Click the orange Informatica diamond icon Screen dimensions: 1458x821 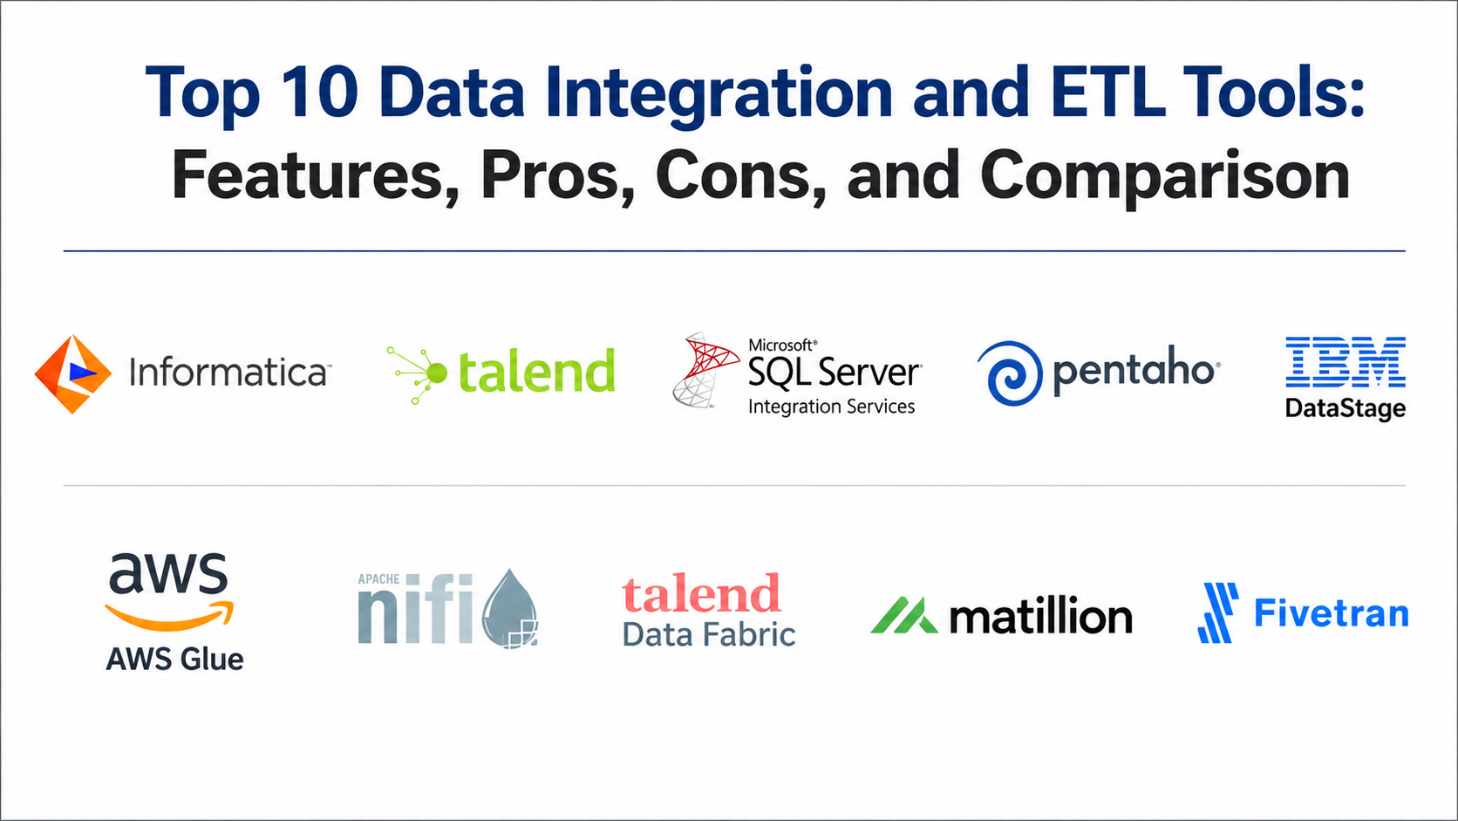73,373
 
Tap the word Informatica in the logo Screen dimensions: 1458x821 229,372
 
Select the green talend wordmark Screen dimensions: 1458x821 536,370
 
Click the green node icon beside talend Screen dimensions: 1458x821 417,374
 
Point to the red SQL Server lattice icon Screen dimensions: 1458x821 705,370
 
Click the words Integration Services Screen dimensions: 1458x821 831,407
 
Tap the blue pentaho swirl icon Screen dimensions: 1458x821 1010,373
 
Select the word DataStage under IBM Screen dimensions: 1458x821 1346,409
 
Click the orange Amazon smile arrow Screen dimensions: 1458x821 169,616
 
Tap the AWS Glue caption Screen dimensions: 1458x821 174,659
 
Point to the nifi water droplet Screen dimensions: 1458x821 509,609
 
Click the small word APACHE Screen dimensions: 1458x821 378,578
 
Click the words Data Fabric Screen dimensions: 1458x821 709,635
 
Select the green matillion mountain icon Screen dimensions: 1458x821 904,614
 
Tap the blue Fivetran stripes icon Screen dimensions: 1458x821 1218,612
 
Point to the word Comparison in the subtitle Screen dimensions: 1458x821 1165,175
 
